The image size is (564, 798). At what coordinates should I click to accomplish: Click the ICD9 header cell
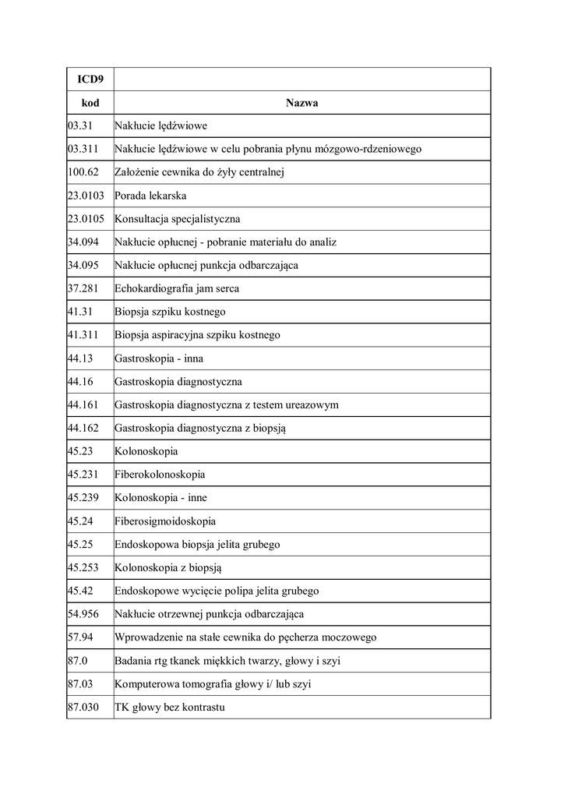90,79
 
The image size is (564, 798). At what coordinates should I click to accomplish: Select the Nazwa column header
301,103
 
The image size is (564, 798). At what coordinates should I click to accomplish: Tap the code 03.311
83,149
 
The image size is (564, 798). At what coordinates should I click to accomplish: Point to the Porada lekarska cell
150,196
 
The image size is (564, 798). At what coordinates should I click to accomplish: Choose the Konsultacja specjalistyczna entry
178,219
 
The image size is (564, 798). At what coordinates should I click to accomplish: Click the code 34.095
83,265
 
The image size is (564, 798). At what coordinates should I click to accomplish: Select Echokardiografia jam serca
177,288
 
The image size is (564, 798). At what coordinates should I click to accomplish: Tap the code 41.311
83,335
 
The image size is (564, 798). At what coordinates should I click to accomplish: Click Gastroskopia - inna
159,358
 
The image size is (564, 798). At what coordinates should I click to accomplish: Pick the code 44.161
83,404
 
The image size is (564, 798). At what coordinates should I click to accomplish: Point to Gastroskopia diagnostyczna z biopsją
206,428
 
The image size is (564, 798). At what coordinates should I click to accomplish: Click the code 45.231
83,474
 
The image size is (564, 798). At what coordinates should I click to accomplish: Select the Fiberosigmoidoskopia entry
165,521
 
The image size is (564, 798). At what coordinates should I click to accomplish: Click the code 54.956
83,614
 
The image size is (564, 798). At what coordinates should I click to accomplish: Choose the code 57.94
80,637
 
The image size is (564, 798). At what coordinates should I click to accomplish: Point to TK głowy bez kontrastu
170,707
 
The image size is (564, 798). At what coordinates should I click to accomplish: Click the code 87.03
80,683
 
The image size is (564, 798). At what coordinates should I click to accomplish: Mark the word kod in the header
90,103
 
